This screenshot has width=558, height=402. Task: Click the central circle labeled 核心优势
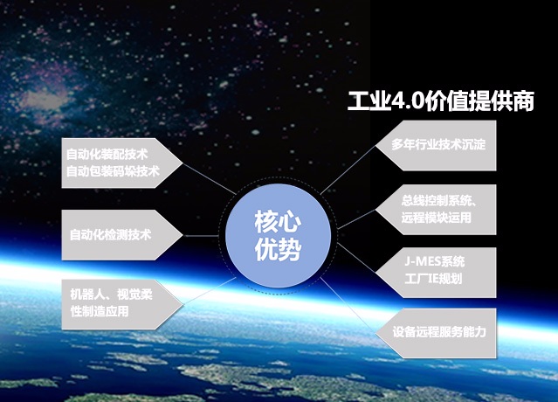tap(279, 236)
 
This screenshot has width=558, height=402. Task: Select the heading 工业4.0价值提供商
tap(441, 101)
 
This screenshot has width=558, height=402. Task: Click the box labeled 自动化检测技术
tap(122, 235)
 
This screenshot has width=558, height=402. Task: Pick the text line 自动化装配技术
tap(107, 155)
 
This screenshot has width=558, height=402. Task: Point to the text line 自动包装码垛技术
tap(113, 171)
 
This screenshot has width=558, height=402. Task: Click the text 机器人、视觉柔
tap(112, 295)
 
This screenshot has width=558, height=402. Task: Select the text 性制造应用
tap(100, 311)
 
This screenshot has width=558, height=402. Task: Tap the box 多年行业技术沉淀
tap(436, 145)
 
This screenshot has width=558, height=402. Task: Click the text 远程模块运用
tap(437, 218)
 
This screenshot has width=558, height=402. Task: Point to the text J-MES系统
tap(435, 261)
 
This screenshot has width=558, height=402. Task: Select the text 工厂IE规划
tap(433, 279)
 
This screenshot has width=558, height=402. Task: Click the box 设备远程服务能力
tap(436, 333)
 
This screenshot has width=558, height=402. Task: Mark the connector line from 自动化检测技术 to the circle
tap(201, 236)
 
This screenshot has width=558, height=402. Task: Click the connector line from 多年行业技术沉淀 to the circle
tap(348, 170)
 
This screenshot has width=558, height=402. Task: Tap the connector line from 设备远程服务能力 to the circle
tap(348, 306)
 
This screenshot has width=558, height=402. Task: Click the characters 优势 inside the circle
tap(279, 249)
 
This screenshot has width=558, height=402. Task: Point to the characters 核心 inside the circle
tap(279, 221)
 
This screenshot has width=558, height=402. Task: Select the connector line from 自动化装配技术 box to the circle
tap(210, 179)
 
